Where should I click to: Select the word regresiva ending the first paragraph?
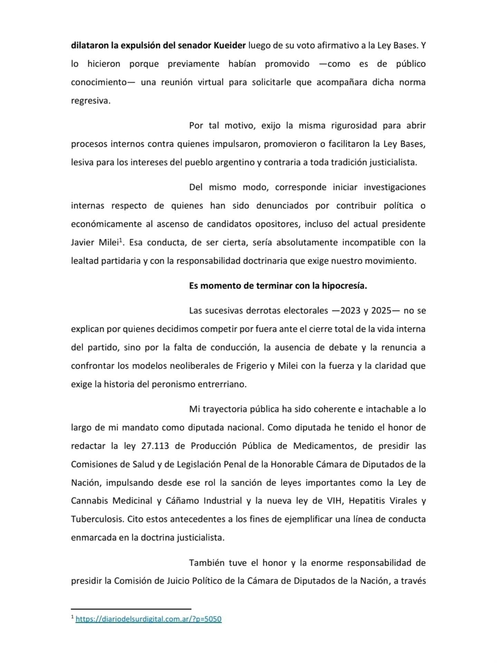pos(90,101)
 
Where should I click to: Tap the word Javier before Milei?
pos(82,242)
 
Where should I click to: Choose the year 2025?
pos(381,310)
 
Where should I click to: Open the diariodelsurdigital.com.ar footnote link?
pos(148,619)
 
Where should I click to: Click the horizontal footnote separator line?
pos(131,609)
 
